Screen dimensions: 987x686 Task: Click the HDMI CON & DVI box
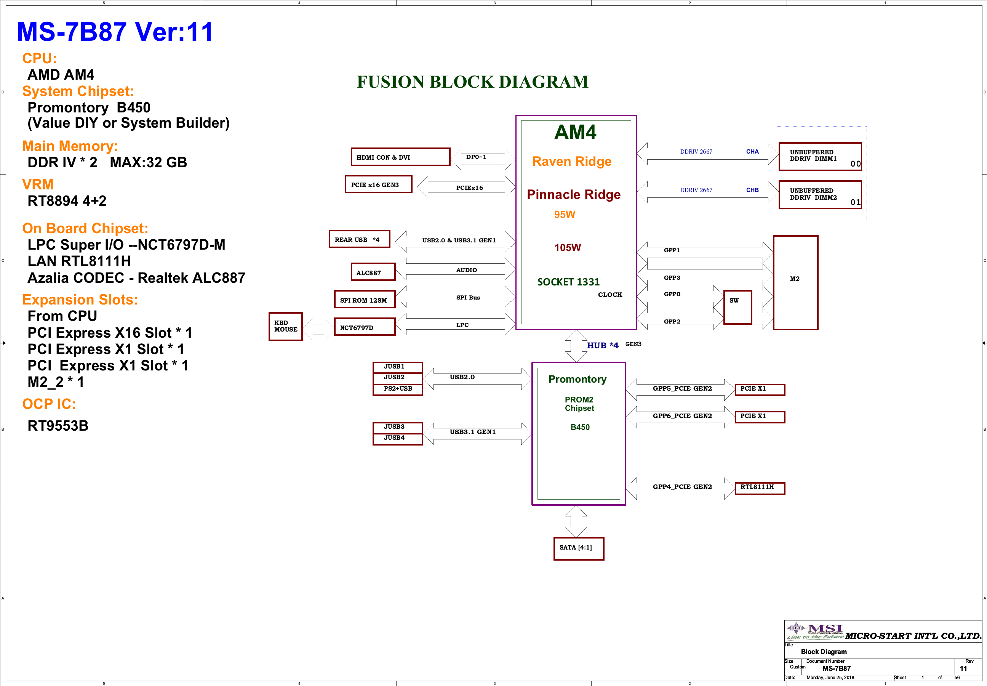coord(400,157)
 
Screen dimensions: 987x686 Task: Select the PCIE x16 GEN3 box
coord(378,184)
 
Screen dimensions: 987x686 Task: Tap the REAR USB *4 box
coord(360,239)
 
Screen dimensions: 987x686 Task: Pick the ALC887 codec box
coord(373,272)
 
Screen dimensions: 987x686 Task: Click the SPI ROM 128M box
coord(365,299)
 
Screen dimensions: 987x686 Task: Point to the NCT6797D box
coord(365,327)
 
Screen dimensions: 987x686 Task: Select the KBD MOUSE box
coord(286,327)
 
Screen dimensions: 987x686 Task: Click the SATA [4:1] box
coord(579,548)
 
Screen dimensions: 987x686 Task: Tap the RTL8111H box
coord(760,488)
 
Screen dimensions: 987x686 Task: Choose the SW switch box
coord(737,307)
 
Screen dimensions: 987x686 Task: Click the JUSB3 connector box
coord(398,427)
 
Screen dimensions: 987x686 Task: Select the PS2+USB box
coord(398,389)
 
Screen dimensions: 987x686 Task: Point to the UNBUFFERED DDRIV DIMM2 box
coord(820,195)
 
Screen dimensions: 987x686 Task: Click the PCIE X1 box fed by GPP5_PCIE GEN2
coord(760,389)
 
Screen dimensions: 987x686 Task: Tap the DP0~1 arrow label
coord(476,157)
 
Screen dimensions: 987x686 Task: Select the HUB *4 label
coord(603,345)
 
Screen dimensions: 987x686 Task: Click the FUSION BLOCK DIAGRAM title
coord(472,82)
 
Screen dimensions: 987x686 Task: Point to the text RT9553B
coord(58,426)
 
